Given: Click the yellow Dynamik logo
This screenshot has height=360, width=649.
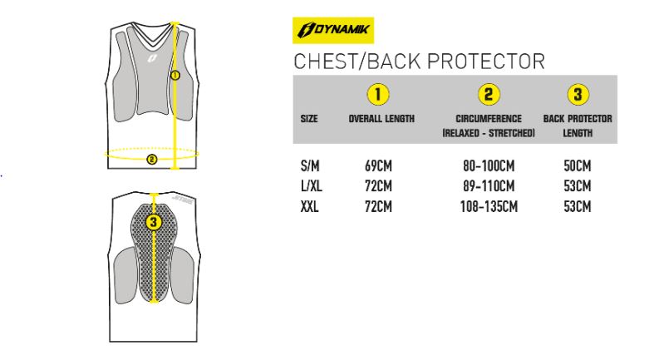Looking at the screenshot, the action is click(333, 30).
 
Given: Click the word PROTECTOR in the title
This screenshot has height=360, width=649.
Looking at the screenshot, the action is click(486, 62).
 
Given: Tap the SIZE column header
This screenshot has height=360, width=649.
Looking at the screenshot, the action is click(309, 119).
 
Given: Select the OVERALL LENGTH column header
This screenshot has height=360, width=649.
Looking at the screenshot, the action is click(381, 119).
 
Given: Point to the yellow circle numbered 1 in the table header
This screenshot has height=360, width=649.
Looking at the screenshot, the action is click(378, 94).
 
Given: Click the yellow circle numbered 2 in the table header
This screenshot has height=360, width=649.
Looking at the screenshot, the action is click(489, 94).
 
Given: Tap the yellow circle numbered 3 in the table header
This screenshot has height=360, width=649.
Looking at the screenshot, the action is click(578, 94).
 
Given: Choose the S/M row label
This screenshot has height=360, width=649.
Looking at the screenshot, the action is click(310, 165).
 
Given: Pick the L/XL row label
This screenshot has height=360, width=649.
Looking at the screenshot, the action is click(312, 186).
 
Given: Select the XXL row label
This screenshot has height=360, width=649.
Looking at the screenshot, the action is click(310, 206).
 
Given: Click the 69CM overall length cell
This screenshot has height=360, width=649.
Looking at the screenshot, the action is click(378, 165).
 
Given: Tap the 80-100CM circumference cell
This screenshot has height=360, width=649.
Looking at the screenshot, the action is click(489, 165).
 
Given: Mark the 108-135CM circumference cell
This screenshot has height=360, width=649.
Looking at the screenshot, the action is click(489, 206).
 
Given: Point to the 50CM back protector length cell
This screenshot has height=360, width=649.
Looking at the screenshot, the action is click(578, 165).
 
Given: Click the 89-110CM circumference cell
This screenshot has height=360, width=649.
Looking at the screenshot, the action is click(489, 186).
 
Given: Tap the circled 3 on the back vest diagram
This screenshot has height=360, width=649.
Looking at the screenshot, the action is click(154, 222).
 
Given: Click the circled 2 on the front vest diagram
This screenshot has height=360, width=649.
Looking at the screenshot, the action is click(152, 159).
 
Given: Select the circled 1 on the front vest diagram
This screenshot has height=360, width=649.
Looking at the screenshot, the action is click(175, 76).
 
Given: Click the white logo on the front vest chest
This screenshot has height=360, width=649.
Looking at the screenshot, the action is click(152, 59).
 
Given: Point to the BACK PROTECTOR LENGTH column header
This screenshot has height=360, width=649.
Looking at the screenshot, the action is click(578, 126).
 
